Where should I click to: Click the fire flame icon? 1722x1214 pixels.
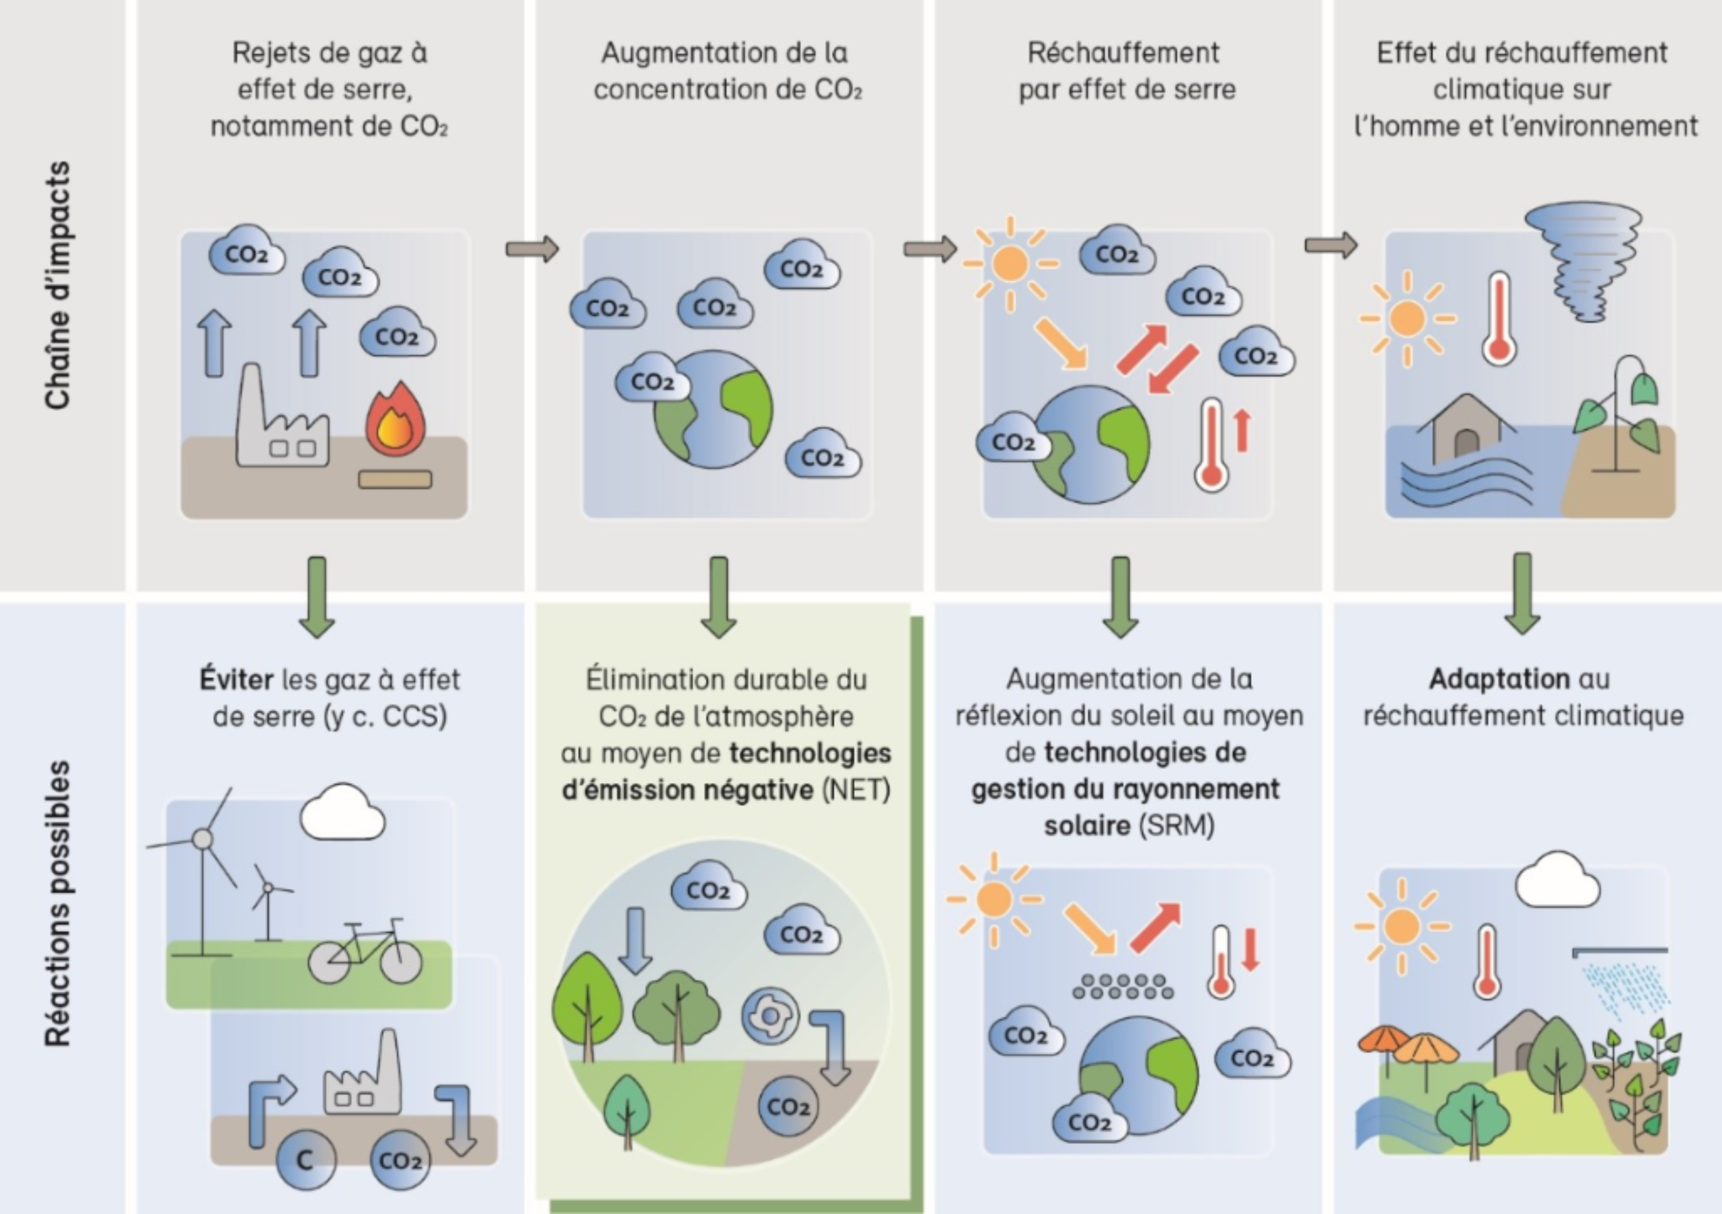pos(396,420)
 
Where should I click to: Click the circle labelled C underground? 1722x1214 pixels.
pos(305,1160)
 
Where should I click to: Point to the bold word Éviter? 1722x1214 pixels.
pos(236,679)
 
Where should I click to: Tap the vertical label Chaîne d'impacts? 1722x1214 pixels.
pos(58,285)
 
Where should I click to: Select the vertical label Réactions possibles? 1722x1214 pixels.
pos(58,903)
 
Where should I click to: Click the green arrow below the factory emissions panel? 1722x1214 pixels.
pos(317,595)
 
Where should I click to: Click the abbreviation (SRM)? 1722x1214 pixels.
pos(1176,825)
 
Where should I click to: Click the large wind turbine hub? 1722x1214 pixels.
pos(202,838)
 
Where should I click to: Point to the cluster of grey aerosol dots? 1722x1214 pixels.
pos(1123,987)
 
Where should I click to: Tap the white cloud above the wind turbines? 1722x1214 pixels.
pos(343,813)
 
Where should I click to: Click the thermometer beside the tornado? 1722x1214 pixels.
pos(1499,319)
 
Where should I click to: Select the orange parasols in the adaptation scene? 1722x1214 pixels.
pos(1410,1050)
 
